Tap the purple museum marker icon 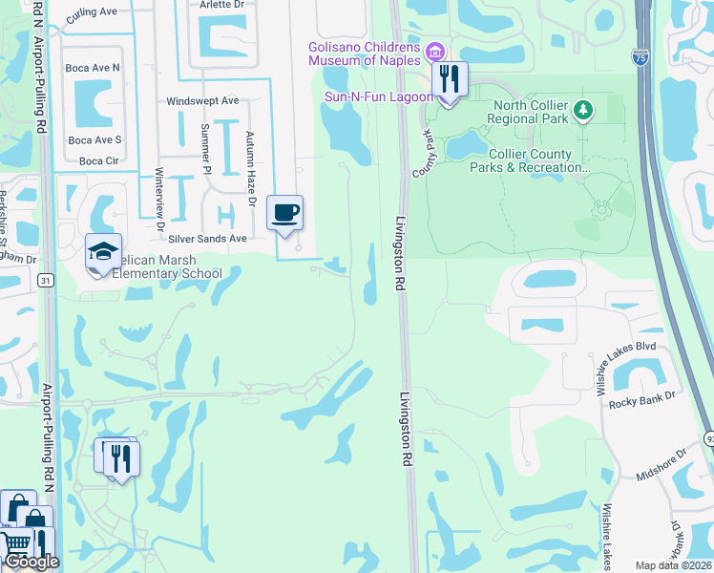(435, 50)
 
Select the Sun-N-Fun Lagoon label (379, 96)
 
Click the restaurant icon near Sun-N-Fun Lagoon (450, 79)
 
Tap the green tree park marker (582, 112)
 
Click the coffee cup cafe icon (284, 213)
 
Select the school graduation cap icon (103, 251)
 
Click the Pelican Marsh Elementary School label (167, 267)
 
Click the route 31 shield (46, 280)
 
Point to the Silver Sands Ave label (207, 238)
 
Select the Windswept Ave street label (202, 100)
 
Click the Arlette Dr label (221, 3)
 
